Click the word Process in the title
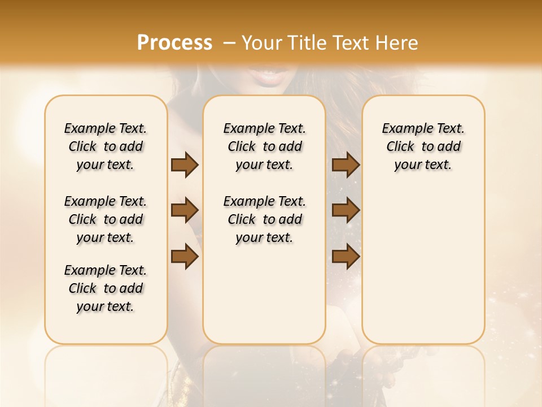[174, 42]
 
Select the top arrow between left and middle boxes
[185, 165]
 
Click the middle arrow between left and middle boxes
[185, 211]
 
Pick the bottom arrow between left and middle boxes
[185, 257]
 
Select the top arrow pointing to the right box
[346, 165]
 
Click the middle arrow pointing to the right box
[346, 211]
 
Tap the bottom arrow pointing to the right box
[346, 257]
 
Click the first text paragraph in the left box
[106, 146]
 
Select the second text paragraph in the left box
[106, 219]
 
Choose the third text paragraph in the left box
[106, 288]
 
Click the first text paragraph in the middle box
[264, 146]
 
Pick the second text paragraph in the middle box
[264, 219]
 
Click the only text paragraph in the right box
[423, 146]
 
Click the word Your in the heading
[263, 43]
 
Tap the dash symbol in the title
[229, 43]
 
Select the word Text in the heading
[352, 43]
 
